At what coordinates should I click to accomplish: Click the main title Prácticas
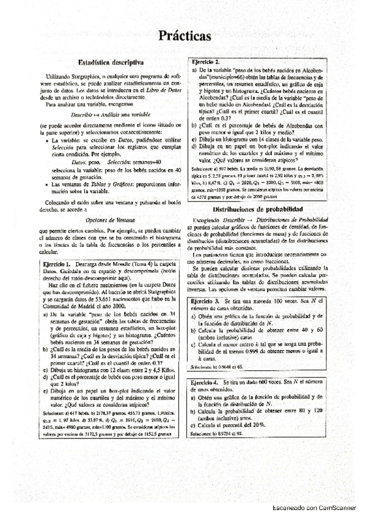(183, 37)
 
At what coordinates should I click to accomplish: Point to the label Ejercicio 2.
(205, 63)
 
